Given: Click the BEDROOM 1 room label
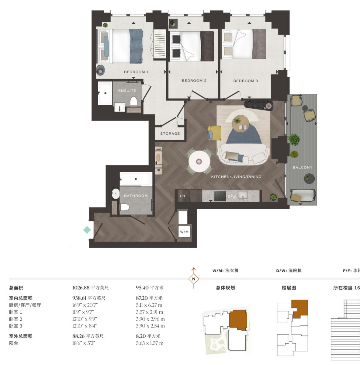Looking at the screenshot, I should point(136,72).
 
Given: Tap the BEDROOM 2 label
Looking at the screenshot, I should point(194,81).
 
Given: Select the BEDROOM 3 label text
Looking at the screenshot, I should point(245,81).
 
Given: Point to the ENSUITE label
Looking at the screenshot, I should point(127,91).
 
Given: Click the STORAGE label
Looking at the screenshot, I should point(170,134).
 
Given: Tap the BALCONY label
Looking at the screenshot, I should point(303,168).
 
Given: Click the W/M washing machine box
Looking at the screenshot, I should point(184,232).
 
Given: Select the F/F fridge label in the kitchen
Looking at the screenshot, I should point(183,196).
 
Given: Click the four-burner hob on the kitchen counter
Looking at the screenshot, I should point(220,196).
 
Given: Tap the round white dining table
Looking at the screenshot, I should point(199,161).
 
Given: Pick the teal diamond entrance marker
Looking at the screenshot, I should point(87,230).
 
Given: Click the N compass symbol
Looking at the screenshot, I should point(194,279).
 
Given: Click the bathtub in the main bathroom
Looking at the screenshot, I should point(136,179).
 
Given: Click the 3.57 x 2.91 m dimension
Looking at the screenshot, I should point(149,312).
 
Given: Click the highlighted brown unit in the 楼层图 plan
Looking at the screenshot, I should point(300,308).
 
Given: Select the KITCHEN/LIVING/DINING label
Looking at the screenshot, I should point(236,177).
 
